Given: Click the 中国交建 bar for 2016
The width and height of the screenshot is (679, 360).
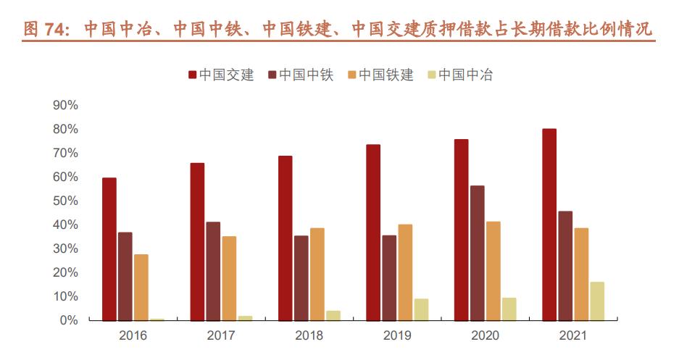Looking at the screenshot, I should click(109, 248).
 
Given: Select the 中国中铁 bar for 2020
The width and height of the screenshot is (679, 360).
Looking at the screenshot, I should click(478, 253).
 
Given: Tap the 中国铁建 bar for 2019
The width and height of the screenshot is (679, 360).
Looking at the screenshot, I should click(405, 272).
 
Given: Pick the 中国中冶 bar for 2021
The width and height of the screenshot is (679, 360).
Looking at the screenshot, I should click(597, 301).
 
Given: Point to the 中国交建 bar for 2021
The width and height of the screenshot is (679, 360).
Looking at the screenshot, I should click(549, 225).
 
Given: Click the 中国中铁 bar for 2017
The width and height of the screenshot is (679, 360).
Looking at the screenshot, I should click(213, 271).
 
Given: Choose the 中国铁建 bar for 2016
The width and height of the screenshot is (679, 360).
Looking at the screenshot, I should click(141, 287).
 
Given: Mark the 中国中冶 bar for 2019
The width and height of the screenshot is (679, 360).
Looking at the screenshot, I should click(421, 309).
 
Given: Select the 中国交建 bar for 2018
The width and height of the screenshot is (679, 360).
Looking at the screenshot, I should click(286, 238).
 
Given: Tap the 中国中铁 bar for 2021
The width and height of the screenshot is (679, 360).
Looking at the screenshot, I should click(565, 265).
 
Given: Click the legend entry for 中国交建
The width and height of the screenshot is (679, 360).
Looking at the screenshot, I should click(221, 75).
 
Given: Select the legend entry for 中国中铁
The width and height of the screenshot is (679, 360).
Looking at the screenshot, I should click(301, 75).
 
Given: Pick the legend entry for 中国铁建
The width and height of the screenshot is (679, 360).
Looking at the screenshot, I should click(380, 75).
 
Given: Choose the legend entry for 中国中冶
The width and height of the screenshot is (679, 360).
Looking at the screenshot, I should click(460, 75).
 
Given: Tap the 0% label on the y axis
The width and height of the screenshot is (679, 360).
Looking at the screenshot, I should click(69, 320).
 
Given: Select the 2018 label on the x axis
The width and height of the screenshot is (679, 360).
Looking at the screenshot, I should click(309, 336).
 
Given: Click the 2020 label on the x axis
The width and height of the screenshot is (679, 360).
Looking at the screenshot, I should click(486, 336).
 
